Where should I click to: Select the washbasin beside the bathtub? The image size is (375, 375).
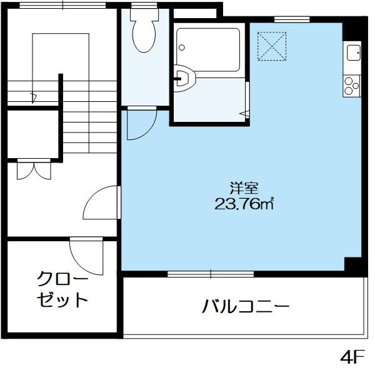coord(185,78)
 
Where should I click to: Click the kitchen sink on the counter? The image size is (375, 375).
coord(352,52)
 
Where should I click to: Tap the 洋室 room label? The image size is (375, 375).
coord(239,187)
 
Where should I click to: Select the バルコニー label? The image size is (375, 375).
coord(245,306)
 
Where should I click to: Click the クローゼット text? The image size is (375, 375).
coord(62,288)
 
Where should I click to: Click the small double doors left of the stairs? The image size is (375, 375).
coord(32,170)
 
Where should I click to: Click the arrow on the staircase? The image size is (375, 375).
coord(33,97)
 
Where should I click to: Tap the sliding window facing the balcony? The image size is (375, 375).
coord(211,273)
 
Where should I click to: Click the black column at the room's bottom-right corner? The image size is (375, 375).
coord(353,265)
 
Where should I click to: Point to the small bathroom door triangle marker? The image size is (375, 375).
coord(244,112)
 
